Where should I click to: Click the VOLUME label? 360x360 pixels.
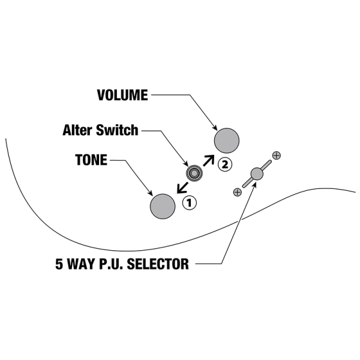122,95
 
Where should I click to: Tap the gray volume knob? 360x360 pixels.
227,140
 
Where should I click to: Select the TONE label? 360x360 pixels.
92,161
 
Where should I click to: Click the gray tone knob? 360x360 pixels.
163,206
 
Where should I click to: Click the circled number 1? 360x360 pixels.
190,203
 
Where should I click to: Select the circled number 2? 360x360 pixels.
224,163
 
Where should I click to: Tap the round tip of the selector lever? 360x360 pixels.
257,174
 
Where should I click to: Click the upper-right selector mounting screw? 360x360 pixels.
277,155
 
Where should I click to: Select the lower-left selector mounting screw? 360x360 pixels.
238,192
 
